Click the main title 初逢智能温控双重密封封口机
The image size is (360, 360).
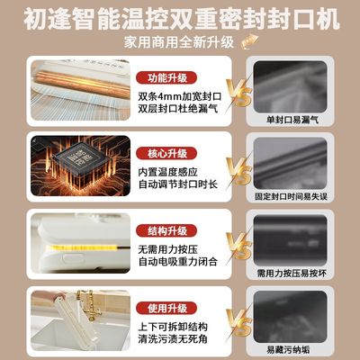click(180, 17)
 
